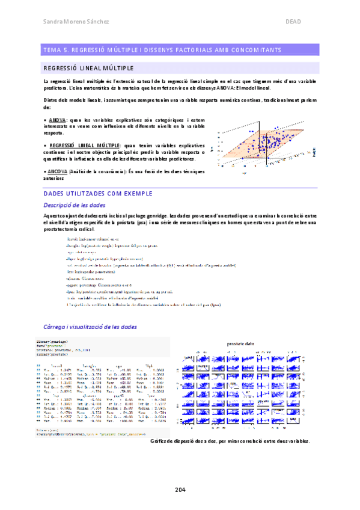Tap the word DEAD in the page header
pos(293,22)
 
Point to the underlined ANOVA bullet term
pos(58,120)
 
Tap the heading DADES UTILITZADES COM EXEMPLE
pos(99,194)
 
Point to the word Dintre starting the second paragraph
pos(52,99)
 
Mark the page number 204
pos(180,488)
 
